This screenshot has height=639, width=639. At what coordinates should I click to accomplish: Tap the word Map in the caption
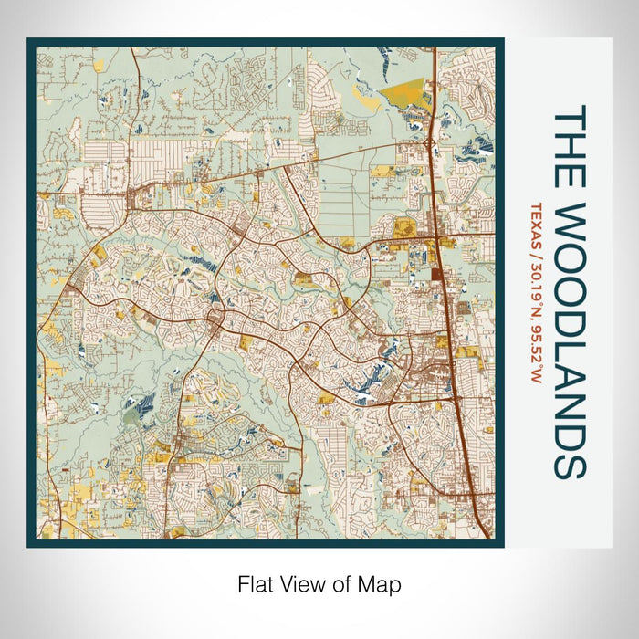pos(382,582)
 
